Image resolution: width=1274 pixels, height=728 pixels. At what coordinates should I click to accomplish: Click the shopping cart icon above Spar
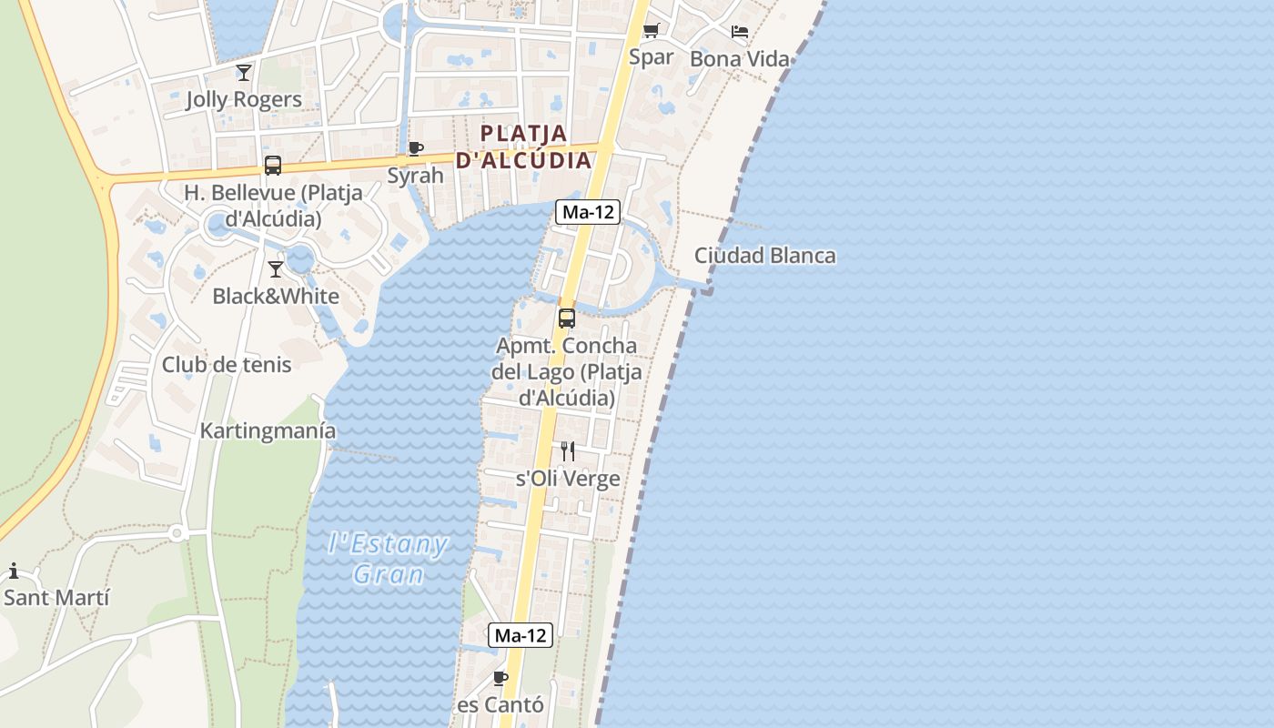651,31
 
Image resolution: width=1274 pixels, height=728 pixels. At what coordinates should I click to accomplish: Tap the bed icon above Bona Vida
740,32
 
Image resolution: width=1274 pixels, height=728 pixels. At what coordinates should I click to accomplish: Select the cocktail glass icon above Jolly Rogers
243,72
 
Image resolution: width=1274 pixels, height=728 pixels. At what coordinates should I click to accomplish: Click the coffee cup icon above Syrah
416,148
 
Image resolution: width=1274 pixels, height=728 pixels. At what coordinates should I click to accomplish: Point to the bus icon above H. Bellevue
272,166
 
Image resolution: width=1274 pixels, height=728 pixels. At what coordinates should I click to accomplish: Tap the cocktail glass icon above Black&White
276,269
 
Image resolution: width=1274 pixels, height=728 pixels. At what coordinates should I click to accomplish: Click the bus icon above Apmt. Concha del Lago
566,318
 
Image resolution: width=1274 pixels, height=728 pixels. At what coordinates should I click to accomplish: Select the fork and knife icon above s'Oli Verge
568,451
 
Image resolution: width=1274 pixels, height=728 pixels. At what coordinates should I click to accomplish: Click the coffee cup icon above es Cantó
500,678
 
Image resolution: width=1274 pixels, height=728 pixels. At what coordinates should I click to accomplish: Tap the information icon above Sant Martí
14,571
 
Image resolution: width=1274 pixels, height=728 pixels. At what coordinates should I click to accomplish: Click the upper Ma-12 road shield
588,213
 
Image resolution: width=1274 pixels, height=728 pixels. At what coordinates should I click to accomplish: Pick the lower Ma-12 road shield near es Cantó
521,635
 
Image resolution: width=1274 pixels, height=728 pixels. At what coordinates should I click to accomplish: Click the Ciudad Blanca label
764,256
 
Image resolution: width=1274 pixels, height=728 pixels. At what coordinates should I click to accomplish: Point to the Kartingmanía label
268,430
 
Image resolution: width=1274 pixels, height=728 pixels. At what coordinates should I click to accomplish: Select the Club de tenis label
227,365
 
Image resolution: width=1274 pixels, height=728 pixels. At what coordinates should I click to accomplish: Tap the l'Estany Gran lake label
389,560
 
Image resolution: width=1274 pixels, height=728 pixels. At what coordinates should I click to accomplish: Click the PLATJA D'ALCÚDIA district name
523,147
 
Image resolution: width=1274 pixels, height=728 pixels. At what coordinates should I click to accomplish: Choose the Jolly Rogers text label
243,99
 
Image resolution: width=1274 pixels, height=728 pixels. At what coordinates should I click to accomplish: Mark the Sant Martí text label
56,598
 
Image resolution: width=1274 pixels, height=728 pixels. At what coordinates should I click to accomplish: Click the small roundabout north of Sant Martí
177,533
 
